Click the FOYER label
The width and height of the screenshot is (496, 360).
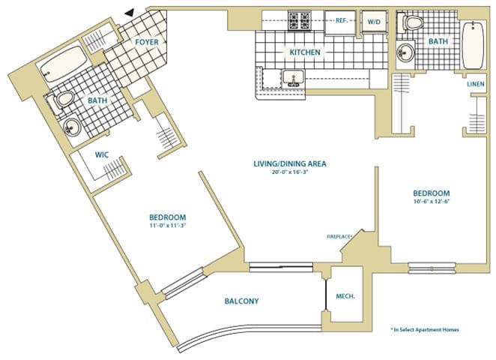tap(147, 42)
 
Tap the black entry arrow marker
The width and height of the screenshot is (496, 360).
tap(130, 12)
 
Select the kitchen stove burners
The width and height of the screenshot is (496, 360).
tap(299, 21)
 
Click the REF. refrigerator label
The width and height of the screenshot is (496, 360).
tap(342, 20)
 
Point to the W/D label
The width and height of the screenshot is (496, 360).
tap(374, 22)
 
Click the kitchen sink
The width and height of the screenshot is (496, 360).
tap(293, 78)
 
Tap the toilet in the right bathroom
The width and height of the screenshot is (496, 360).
tap(410, 22)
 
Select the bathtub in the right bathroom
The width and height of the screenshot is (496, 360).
tap(473, 45)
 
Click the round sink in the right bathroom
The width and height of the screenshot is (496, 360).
tap(405, 52)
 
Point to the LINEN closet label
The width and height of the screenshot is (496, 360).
tap(476, 84)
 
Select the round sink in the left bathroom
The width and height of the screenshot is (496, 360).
tap(71, 127)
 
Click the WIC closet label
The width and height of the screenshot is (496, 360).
tap(102, 154)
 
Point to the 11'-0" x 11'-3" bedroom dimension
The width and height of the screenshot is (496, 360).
tap(167, 226)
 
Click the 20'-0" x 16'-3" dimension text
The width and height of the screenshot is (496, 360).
tap(290, 172)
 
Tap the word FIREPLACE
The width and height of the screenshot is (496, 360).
tap(339, 236)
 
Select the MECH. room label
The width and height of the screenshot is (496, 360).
tap(345, 297)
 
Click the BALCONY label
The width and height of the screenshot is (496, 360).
tap(242, 301)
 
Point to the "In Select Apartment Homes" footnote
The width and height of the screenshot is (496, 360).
tap(425, 329)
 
